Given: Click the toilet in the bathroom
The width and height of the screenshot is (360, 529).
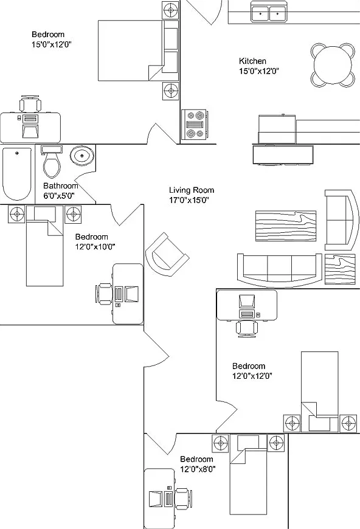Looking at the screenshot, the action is [52, 161].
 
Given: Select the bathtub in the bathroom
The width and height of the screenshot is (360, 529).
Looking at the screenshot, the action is [17, 174].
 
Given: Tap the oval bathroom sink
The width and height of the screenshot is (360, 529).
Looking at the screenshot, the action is [82, 156].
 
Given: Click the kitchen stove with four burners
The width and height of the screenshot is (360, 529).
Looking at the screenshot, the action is [194, 125].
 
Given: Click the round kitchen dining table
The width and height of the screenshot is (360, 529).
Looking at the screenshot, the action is [333, 65].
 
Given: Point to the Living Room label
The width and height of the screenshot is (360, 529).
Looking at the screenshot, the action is [192, 190].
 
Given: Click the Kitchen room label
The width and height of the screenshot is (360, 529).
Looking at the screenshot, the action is [252, 61].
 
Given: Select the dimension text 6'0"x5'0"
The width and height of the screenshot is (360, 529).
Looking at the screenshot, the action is [59, 196].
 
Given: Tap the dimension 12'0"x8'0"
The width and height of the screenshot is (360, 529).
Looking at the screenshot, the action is [198, 469].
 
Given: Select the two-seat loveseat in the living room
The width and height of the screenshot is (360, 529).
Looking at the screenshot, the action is [340, 220].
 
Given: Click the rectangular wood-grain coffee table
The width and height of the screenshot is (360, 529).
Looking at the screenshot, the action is [286, 226].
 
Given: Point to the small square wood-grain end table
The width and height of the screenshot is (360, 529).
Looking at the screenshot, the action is [340, 269].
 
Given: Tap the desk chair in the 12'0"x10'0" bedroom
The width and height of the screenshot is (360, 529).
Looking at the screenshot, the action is [104, 294].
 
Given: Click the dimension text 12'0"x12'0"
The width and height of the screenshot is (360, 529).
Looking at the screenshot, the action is [252, 376].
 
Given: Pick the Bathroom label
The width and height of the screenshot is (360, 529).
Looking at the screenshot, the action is [61, 185].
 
